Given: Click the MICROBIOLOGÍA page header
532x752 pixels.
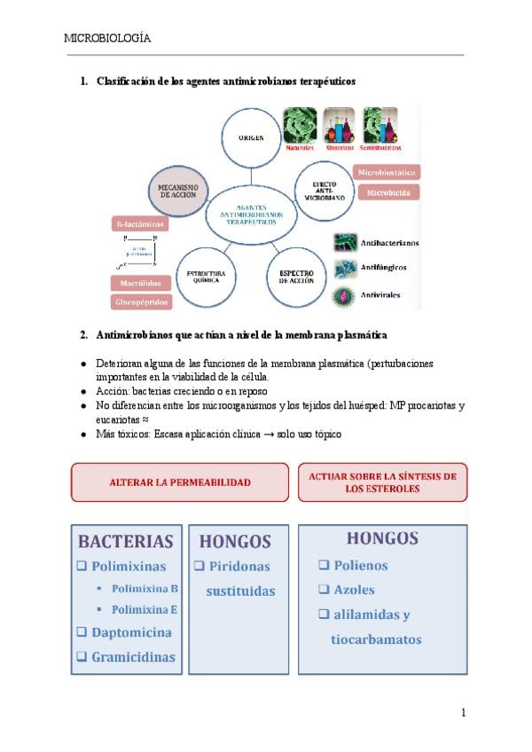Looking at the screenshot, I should pyautogui.click(x=106, y=38).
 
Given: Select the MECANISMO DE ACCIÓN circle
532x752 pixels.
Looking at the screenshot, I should pyautogui.click(x=177, y=192).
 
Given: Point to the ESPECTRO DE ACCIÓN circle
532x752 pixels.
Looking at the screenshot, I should pyautogui.click(x=297, y=277).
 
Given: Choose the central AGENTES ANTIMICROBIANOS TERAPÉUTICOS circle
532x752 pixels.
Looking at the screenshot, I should pyautogui.click(x=252, y=212).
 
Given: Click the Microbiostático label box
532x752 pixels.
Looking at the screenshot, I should pyautogui.click(x=387, y=172).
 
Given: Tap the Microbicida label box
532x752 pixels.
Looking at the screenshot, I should pyautogui.click(x=387, y=192).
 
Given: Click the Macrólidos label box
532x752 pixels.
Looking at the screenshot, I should pyautogui.click(x=140, y=284).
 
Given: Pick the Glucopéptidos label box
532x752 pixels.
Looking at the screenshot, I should pyautogui.click(x=140, y=302).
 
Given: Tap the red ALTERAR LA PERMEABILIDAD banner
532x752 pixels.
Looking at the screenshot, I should pyautogui.click(x=180, y=482).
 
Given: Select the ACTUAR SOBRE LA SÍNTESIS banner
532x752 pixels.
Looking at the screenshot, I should pyautogui.click(x=382, y=482).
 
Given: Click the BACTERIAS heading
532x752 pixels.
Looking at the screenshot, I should pyautogui.click(x=125, y=541).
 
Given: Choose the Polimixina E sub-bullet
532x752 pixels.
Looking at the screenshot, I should pyautogui.click(x=145, y=609).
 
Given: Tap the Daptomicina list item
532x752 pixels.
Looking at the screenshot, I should pyautogui.click(x=131, y=632).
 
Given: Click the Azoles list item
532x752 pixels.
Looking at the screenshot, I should pyautogui.click(x=354, y=589).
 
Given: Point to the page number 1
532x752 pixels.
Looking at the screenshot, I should pyautogui.click(x=463, y=712).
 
